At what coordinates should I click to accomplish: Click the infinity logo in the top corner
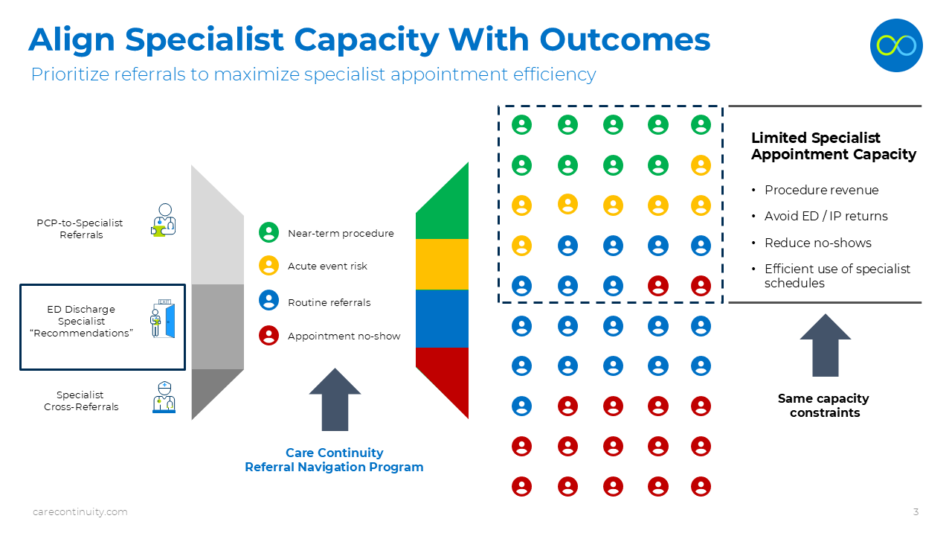point(896,45)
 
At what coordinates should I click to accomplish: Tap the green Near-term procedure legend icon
point(268,232)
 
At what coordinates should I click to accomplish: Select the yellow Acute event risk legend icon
point(268,265)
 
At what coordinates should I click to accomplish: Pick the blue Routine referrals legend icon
point(268,301)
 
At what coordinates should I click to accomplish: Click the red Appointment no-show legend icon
point(268,335)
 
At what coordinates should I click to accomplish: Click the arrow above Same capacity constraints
point(825,345)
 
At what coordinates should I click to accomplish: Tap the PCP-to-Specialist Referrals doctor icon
point(164,220)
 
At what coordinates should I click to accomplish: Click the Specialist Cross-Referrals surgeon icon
point(164,398)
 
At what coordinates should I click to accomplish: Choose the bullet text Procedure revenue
point(821,190)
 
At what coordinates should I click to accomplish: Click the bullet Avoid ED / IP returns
point(826,216)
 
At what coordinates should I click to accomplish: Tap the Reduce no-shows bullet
point(817,243)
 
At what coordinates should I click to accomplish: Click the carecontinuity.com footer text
point(80,511)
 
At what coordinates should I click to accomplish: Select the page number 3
point(916,511)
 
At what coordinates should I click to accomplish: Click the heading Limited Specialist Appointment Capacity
point(833,146)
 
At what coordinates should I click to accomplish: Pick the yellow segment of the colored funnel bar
point(442,264)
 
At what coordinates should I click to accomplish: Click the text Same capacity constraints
point(823,405)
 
